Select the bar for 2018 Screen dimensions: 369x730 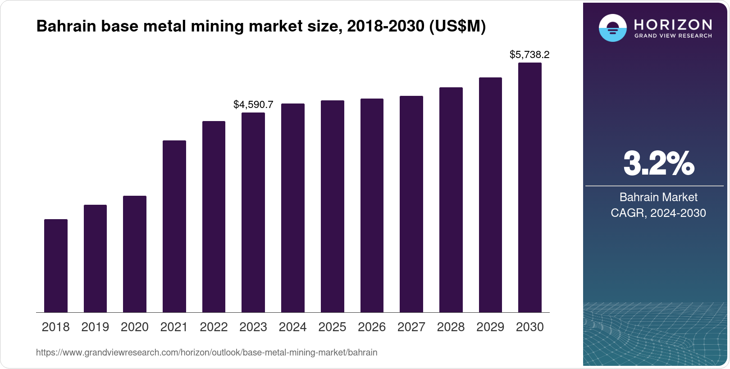pos(56,265)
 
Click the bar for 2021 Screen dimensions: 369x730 pos(174,226)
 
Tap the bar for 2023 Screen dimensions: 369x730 pos(253,212)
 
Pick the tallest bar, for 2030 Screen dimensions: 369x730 pos(530,187)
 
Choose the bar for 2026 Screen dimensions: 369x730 pos(372,205)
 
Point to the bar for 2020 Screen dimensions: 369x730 pos(135,254)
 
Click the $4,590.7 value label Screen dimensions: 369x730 pos(253,105)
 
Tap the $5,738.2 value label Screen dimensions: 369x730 pos(529,55)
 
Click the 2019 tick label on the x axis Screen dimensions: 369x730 pos(95,327)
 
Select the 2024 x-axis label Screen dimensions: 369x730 pos(292,327)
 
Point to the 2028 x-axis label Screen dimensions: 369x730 pos(451,327)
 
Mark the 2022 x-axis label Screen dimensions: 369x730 pos(214,327)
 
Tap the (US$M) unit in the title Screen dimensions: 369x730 pos(457,27)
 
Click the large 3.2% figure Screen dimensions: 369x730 pos(658,164)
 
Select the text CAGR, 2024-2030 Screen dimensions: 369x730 pos(658,213)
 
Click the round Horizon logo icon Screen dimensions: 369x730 pos(612,28)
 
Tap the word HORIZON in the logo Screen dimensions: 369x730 pos(673,24)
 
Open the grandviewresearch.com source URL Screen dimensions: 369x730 pos(206,352)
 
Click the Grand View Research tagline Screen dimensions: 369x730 pos(673,36)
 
